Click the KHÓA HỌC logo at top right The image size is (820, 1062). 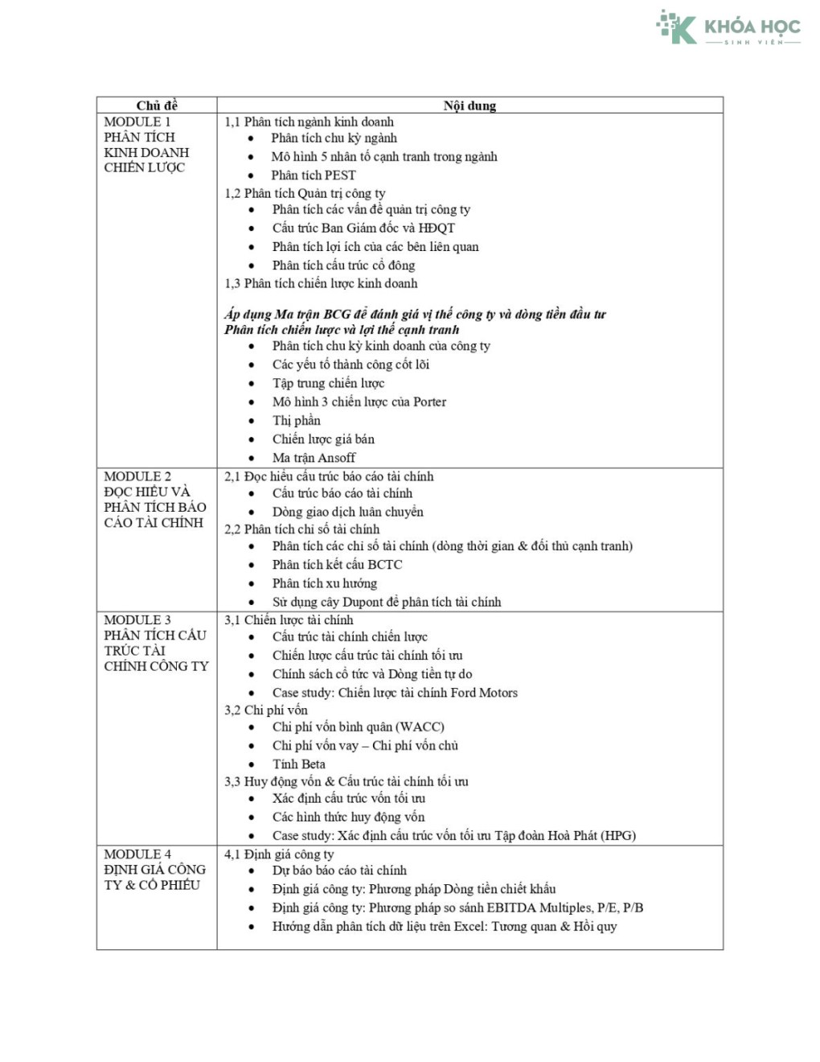728,28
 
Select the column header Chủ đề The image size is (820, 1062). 157,105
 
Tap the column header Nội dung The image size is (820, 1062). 469,105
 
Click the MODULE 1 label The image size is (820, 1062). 137,121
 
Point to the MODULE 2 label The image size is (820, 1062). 137,476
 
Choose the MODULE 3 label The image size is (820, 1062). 137,619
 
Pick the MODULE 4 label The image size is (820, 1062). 137,854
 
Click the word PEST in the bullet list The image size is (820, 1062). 340,175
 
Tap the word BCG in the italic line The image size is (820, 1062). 338,314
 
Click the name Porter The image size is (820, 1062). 429,401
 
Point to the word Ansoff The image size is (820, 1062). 336,458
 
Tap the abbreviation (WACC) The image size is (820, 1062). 420,727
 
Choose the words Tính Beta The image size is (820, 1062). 299,764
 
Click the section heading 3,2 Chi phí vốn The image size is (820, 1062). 266,710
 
